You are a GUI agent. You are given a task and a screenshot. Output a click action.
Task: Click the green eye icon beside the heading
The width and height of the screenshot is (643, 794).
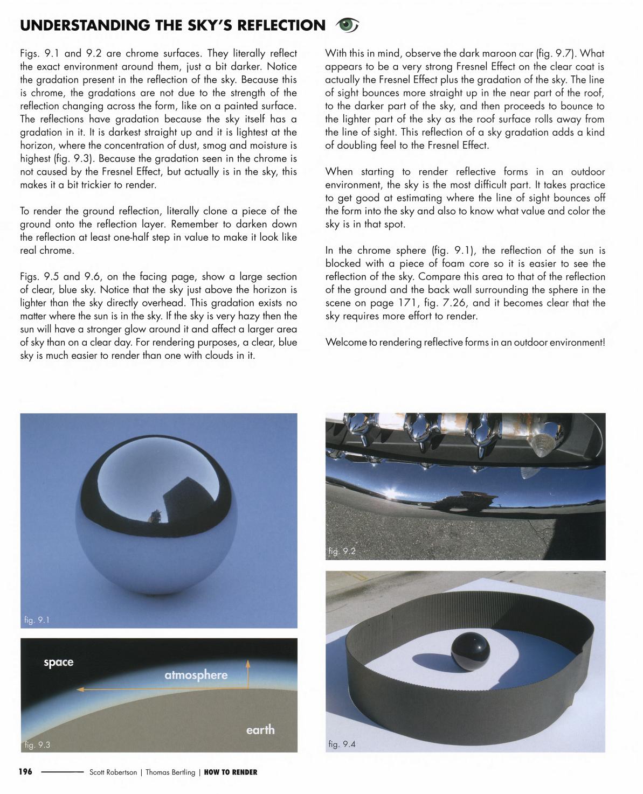click(x=347, y=24)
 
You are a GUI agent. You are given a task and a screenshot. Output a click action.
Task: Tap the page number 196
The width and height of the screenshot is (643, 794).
click(x=26, y=771)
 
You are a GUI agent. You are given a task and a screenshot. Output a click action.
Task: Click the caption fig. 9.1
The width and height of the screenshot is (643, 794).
click(x=37, y=620)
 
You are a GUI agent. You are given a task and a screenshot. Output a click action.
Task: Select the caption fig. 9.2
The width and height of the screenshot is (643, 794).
click(x=342, y=551)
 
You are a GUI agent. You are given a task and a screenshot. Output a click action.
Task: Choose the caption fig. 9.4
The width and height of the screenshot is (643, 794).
click(x=342, y=744)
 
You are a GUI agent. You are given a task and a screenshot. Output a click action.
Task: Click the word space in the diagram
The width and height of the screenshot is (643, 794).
click(x=58, y=662)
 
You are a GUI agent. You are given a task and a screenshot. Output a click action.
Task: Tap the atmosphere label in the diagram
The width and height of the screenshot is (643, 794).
click(x=196, y=675)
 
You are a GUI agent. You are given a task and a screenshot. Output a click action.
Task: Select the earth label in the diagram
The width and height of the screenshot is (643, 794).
click(x=260, y=730)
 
